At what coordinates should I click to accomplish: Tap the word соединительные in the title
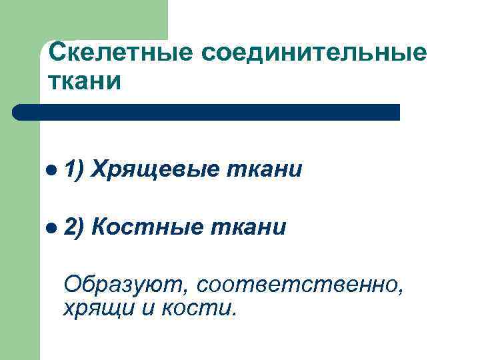point(306,52)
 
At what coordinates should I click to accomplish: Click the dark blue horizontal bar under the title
point(213,112)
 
